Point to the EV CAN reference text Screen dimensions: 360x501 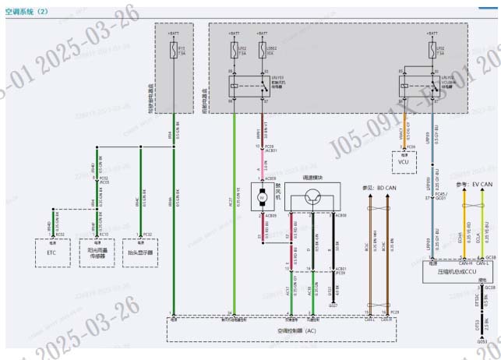[x=476, y=184]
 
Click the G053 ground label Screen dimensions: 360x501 [x=482, y=341]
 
